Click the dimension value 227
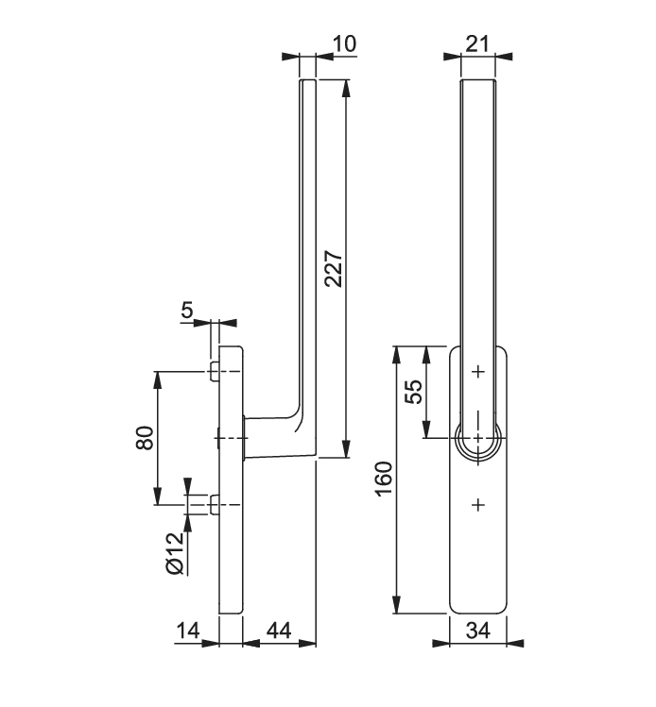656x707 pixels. [x=334, y=269]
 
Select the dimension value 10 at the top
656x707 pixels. [x=344, y=44]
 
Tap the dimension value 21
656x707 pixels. [x=477, y=44]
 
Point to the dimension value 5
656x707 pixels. [x=187, y=311]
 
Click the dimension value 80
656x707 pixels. [x=145, y=437]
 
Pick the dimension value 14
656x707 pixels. [x=187, y=631]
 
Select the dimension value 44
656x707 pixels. [x=279, y=631]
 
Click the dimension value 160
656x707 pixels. [x=384, y=479]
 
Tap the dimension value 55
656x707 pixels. [x=413, y=392]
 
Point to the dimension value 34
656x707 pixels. [x=477, y=631]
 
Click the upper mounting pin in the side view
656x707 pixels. [x=215, y=371]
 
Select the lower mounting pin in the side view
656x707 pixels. [x=215, y=505]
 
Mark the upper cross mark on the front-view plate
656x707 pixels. [x=477, y=372]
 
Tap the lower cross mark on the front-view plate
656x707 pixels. [x=477, y=505]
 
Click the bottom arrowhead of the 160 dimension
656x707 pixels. [x=396, y=605]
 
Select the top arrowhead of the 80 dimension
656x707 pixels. [x=157, y=379]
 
